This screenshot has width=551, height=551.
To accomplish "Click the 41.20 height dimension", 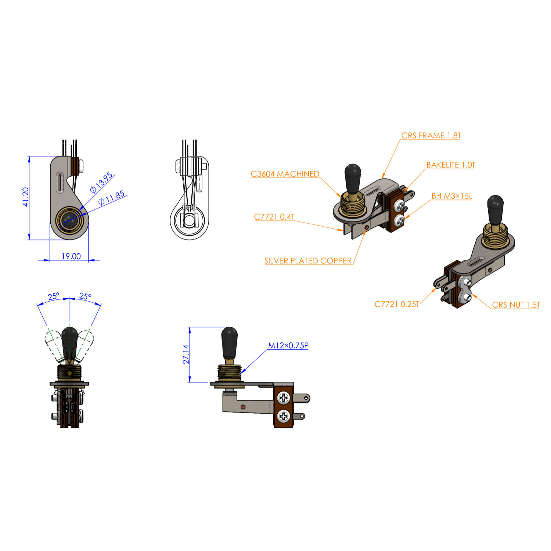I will (25, 197).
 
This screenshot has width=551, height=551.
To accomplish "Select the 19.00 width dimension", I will (71, 256).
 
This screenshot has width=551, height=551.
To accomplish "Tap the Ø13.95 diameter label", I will (102, 183).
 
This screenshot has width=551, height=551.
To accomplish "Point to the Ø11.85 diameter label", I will (112, 198).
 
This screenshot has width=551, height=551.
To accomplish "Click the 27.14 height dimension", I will (186, 354).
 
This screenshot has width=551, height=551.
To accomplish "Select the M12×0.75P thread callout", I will (288, 345).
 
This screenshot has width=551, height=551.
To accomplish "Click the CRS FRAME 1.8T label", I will (431, 136).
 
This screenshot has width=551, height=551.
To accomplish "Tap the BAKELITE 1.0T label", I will (450, 165).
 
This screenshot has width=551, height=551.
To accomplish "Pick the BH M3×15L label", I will (451, 196).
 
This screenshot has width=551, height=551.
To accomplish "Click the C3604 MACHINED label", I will (285, 174).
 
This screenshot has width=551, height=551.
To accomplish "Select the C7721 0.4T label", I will (274, 217).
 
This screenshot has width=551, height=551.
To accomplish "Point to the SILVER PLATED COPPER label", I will (308, 260).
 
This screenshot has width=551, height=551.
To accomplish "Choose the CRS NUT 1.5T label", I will (516, 305).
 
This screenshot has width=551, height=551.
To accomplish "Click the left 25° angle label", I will (53, 296).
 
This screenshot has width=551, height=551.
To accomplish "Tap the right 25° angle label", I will (85, 296).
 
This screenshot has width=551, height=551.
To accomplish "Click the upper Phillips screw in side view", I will (284, 397).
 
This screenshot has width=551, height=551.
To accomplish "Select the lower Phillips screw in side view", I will (284, 416).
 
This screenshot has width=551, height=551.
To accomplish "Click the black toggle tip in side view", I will (230, 342).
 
